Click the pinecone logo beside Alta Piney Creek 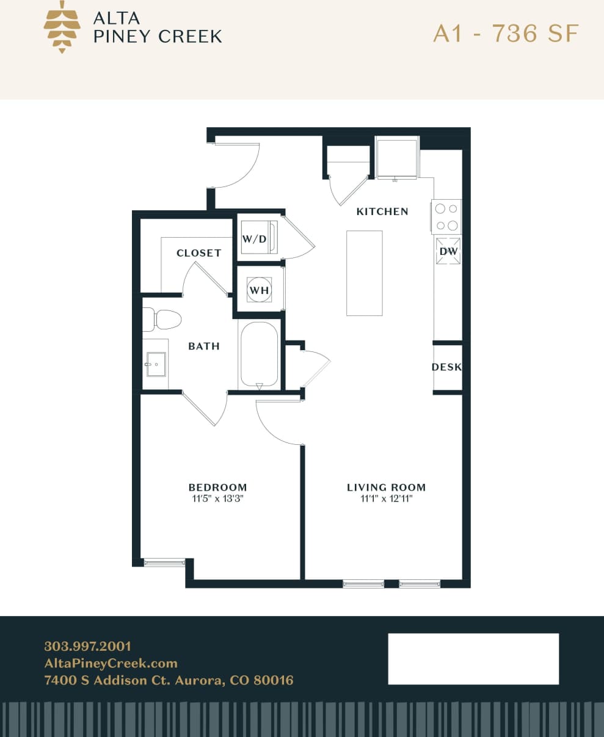click(62, 27)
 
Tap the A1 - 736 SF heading click(505, 34)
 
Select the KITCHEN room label click(382, 211)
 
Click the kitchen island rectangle click(365, 273)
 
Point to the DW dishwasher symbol click(448, 251)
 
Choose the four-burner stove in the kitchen click(446, 216)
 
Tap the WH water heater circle click(259, 290)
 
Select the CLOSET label click(198, 253)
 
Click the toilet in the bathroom click(163, 319)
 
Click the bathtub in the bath click(260, 355)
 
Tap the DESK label click(446, 367)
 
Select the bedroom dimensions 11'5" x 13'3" click(217, 499)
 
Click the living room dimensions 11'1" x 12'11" click(386, 499)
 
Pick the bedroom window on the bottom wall click(164, 562)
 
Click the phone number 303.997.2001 click(88, 647)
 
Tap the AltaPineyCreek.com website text click(111, 663)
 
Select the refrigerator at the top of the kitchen click(398, 159)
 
